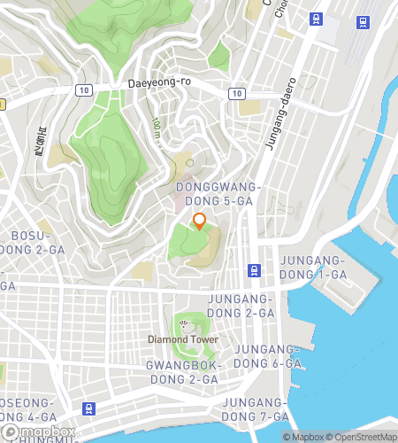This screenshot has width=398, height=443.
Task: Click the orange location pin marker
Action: tap(199, 221)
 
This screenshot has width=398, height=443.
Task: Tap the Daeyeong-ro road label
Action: tap(159, 83)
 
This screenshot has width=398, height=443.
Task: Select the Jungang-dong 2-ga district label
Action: tap(241, 307)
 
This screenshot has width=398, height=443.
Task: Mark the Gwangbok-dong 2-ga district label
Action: tap(182, 372)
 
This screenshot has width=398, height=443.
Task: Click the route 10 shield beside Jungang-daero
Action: tap(236, 93)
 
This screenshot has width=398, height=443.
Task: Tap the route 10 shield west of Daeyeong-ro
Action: tap(83, 89)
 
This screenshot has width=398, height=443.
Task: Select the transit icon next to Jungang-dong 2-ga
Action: tap(255, 271)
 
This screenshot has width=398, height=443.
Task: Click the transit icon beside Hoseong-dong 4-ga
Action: tap(88, 408)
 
